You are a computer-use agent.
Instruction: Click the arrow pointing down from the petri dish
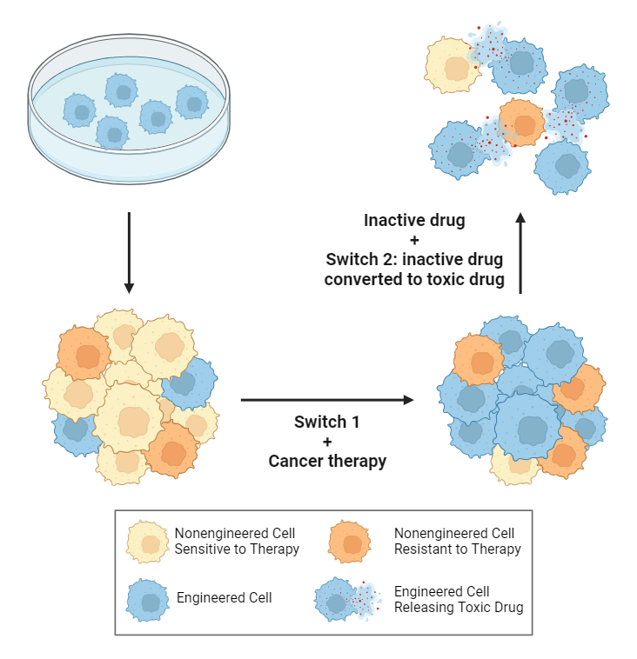[x=129, y=251]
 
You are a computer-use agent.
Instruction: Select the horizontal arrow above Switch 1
[x=326, y=400]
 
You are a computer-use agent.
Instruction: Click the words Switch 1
[x=326, y=423]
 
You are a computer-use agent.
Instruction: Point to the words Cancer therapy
[x=327, y=462]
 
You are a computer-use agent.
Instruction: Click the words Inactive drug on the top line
[x=414, y=221]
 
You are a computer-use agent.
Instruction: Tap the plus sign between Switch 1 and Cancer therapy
[x=327, y=442]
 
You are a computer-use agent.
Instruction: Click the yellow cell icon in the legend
[x=148, y=542]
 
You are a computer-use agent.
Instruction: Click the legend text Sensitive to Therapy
[x=237, y=549]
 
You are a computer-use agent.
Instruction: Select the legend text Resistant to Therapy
[x=458, y=549]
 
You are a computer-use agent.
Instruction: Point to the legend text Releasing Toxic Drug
[x=459, y=608]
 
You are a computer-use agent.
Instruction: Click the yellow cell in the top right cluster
[x=452, y=66]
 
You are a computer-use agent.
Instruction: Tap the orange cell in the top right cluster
[x=521, y=123]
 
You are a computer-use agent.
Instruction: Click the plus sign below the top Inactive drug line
[x=414, y=240]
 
